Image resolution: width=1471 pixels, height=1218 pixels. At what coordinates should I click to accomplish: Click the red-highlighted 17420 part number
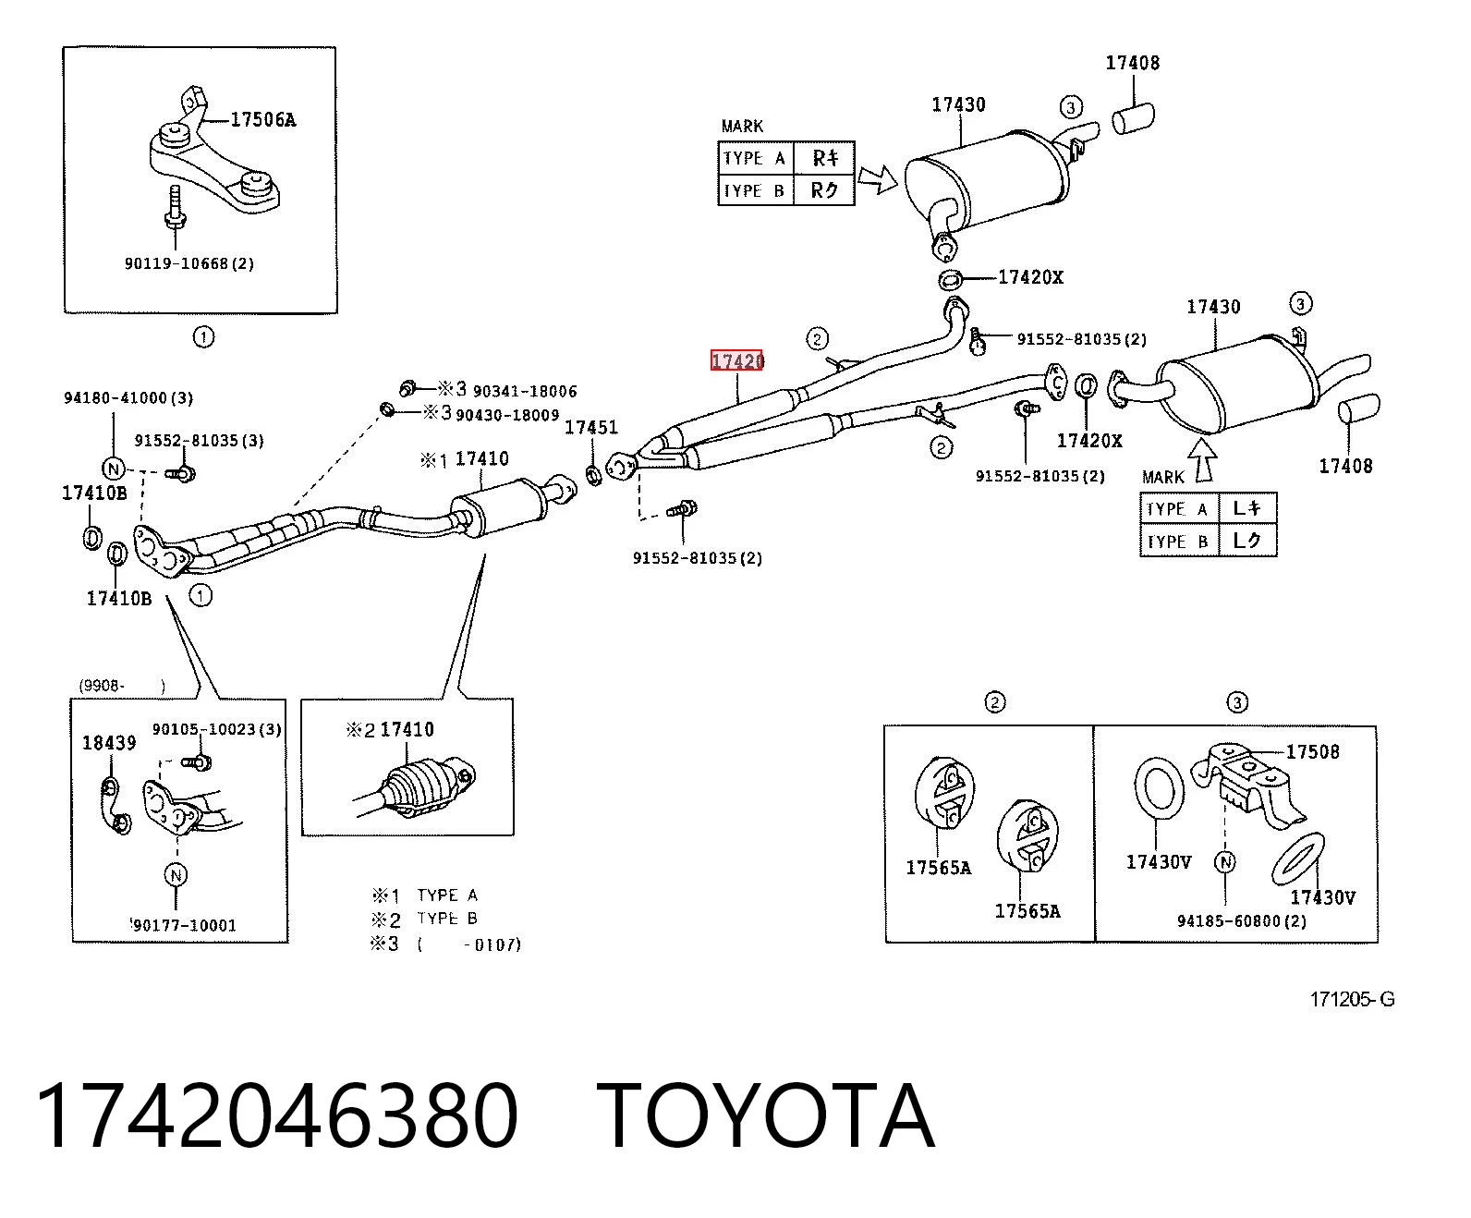tap(736, 361)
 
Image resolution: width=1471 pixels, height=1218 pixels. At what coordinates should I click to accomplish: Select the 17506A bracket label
tap(262, 120)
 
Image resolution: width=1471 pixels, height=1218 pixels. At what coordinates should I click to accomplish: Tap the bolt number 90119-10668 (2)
tap(188, 263)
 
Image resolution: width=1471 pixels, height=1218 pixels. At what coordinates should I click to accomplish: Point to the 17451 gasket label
tap(591, 427)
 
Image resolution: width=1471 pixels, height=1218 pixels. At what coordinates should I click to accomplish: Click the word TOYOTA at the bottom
tap(766, 1116)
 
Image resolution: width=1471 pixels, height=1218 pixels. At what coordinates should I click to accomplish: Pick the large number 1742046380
tap(276, 1116)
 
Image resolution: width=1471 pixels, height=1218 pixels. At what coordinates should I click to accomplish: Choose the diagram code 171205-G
tap(1352, 999)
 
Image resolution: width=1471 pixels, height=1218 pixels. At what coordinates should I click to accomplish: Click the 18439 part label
tap(109, 743)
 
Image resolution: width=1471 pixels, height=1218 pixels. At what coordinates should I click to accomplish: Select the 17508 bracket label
tap(1312, 751)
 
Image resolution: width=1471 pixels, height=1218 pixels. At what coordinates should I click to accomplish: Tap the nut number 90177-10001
tap(183, 925)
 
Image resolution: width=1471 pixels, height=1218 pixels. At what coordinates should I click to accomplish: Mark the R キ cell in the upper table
tap(824, 158)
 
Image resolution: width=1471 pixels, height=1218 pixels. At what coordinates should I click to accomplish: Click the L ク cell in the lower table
tap(1246, 541)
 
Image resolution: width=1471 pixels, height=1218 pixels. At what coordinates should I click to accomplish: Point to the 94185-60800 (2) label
tap(1241, 920)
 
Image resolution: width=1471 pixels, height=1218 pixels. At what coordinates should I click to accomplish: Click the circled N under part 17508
tap(1225, 861)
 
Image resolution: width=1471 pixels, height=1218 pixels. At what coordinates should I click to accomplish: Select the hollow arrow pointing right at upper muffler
tap(877, 179)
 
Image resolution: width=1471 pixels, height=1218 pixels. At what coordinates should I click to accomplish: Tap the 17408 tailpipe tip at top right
tap(1133, 117)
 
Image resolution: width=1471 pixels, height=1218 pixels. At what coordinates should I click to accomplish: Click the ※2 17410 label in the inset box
tap(390, 729)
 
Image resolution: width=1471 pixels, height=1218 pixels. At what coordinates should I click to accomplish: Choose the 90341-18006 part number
tap(525, 391)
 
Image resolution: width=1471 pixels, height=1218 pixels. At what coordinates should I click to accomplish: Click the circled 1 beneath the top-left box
tap(203, 337)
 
